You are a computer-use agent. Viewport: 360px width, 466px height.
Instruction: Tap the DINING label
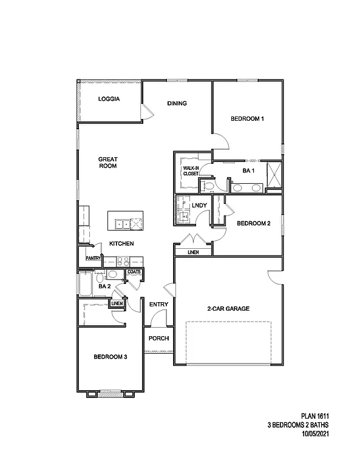[x=177, y=103]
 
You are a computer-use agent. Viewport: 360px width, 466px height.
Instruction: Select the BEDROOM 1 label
[x=247, y=119]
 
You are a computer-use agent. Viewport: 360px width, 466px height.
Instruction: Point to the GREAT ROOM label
[x=108, y=163]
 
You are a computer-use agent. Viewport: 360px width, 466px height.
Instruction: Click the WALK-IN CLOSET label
[x=191, y=171]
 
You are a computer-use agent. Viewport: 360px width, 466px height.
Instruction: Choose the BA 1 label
[x=248, y=171]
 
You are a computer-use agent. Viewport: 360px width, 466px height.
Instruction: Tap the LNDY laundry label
[x=199, y=206]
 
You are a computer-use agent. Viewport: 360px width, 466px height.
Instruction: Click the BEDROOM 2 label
[x=253, y=223]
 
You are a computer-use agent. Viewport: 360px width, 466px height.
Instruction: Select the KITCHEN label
[x=121, y=243]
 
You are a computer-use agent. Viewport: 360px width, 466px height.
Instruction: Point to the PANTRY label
[x=93, y=258]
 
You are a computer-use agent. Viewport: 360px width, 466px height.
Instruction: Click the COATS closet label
[x=134, y=272]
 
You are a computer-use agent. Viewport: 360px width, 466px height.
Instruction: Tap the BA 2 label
[x=104, y=286]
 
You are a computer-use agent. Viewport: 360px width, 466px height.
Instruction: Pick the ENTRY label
[x=158, y=304]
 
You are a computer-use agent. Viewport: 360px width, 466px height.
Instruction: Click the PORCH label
[x=158, y=338]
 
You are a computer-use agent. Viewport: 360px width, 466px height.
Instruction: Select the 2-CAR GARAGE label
[x=228, y=309]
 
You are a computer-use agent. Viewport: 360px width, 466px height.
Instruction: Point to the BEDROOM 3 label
[x=110, y=357]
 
